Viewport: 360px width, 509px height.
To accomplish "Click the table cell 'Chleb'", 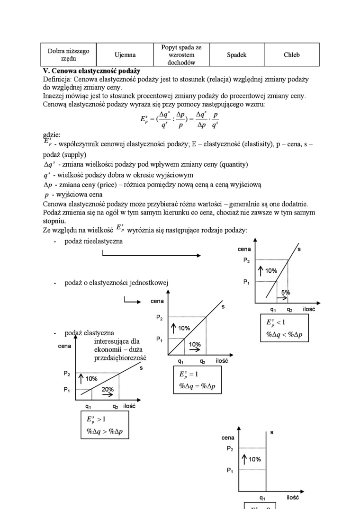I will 291,55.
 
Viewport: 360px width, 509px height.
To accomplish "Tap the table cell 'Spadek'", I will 236,55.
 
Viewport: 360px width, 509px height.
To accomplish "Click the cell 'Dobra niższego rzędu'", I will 68,55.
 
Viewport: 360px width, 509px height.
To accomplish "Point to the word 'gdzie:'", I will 52,135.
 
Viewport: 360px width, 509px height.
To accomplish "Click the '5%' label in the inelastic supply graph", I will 285,293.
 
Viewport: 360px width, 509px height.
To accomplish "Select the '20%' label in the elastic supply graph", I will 107,389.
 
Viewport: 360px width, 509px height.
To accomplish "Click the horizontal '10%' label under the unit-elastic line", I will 195,344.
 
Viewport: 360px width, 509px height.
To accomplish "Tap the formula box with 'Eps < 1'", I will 283,329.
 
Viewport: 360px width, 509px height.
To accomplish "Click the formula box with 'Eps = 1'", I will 197,381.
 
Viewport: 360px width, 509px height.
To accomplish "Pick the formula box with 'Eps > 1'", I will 105,424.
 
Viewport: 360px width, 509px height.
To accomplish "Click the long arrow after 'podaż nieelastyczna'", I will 152,255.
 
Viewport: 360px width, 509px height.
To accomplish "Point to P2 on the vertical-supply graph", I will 230,448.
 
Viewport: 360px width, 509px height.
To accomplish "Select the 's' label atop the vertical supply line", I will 272,432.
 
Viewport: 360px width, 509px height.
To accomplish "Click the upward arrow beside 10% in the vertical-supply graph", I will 244,459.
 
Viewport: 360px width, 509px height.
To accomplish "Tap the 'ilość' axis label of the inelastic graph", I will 309,309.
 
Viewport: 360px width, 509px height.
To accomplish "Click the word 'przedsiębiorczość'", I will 120,358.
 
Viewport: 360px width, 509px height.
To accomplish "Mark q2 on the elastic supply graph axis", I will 115,406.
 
